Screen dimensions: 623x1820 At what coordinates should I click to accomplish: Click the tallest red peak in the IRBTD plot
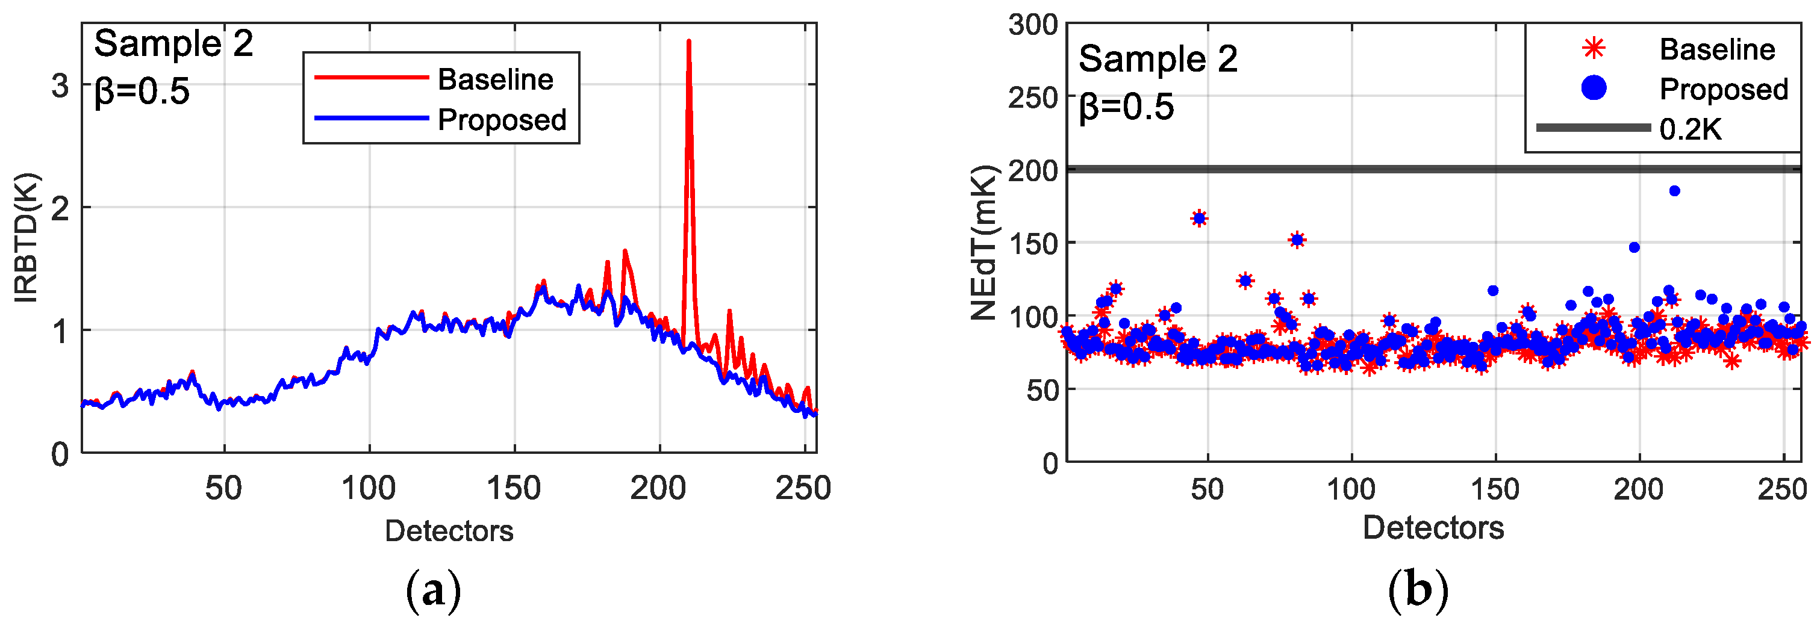pos(688,42)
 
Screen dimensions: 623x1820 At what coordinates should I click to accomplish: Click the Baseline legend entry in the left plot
pos(494,79)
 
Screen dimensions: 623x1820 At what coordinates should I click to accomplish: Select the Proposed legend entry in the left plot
pos(501,119)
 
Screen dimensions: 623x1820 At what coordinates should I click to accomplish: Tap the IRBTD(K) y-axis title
pos(26,238)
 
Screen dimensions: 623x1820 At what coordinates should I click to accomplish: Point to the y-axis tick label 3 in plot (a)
pos(60,85)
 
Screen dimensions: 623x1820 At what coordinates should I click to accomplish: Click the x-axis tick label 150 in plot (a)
pos(514,488)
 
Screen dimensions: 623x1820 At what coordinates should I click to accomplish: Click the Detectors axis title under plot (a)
pos(449,530)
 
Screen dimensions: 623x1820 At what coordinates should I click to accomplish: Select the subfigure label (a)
pos(433,591)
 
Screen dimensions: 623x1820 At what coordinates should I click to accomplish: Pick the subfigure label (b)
pos(1418,591)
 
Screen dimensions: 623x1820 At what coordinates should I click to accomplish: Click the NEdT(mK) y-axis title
pos(983,242)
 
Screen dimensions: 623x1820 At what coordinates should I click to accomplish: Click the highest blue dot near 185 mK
pos(1674,191)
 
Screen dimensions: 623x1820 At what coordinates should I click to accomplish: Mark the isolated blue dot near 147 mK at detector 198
pos(1634,247)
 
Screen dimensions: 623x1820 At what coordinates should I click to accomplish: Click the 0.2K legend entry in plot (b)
pos(1689,129)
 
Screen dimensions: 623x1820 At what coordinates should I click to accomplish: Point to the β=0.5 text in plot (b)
pos(1126,107)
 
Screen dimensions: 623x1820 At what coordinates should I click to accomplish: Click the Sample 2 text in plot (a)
pos(173,44)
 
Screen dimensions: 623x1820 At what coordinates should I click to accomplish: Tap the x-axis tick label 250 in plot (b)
pos(1782,489)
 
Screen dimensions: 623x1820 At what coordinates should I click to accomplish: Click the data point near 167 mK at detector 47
pos(1199,219)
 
